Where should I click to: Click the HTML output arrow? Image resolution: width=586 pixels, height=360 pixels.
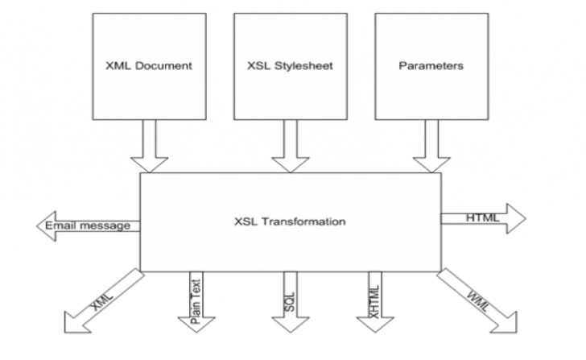(483, 217)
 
